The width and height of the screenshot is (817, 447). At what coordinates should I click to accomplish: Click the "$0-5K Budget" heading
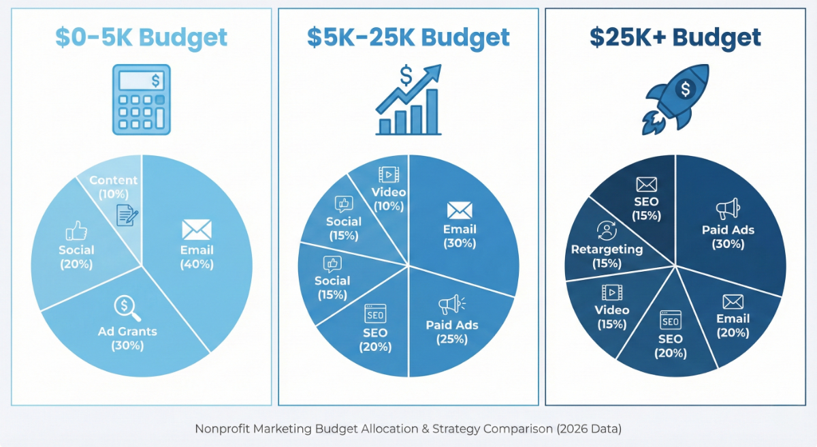click(141, 38)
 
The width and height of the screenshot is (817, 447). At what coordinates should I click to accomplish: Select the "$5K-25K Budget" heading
click(408, 38)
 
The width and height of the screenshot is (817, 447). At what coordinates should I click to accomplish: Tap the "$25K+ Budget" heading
click(675, 38)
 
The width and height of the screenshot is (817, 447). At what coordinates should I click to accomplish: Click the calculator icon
click(142, 99)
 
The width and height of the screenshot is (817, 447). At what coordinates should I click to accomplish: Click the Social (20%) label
click(76, 257)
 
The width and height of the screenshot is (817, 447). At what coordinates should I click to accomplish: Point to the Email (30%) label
click(460, 236)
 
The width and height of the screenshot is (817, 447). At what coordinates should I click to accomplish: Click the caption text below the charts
click(408, 429)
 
